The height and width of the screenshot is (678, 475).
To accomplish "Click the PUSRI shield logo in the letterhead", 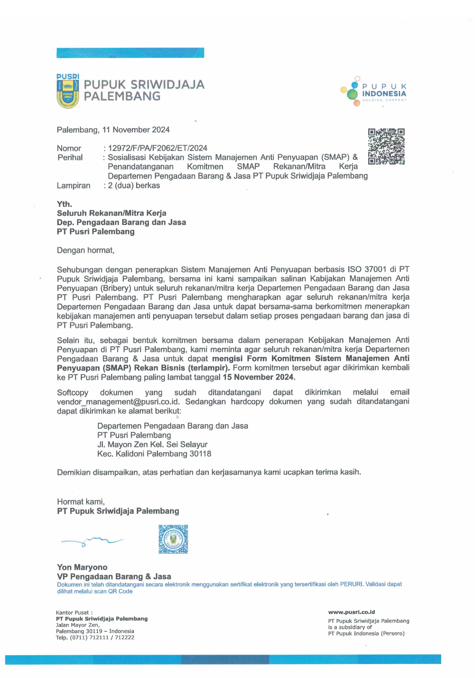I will [x=68, y=91].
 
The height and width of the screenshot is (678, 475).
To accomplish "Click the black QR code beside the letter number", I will [x=386, y=146].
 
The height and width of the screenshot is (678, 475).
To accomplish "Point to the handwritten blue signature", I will [x=92, y=541].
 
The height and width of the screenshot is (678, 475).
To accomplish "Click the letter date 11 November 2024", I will [x=136, y=130].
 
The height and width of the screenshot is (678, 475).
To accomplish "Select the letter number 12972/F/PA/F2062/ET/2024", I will [x=157, y=148].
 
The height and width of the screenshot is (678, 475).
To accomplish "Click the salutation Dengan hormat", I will [x=86, y=250].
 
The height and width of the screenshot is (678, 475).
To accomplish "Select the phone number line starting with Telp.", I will [x=95, y=638].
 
